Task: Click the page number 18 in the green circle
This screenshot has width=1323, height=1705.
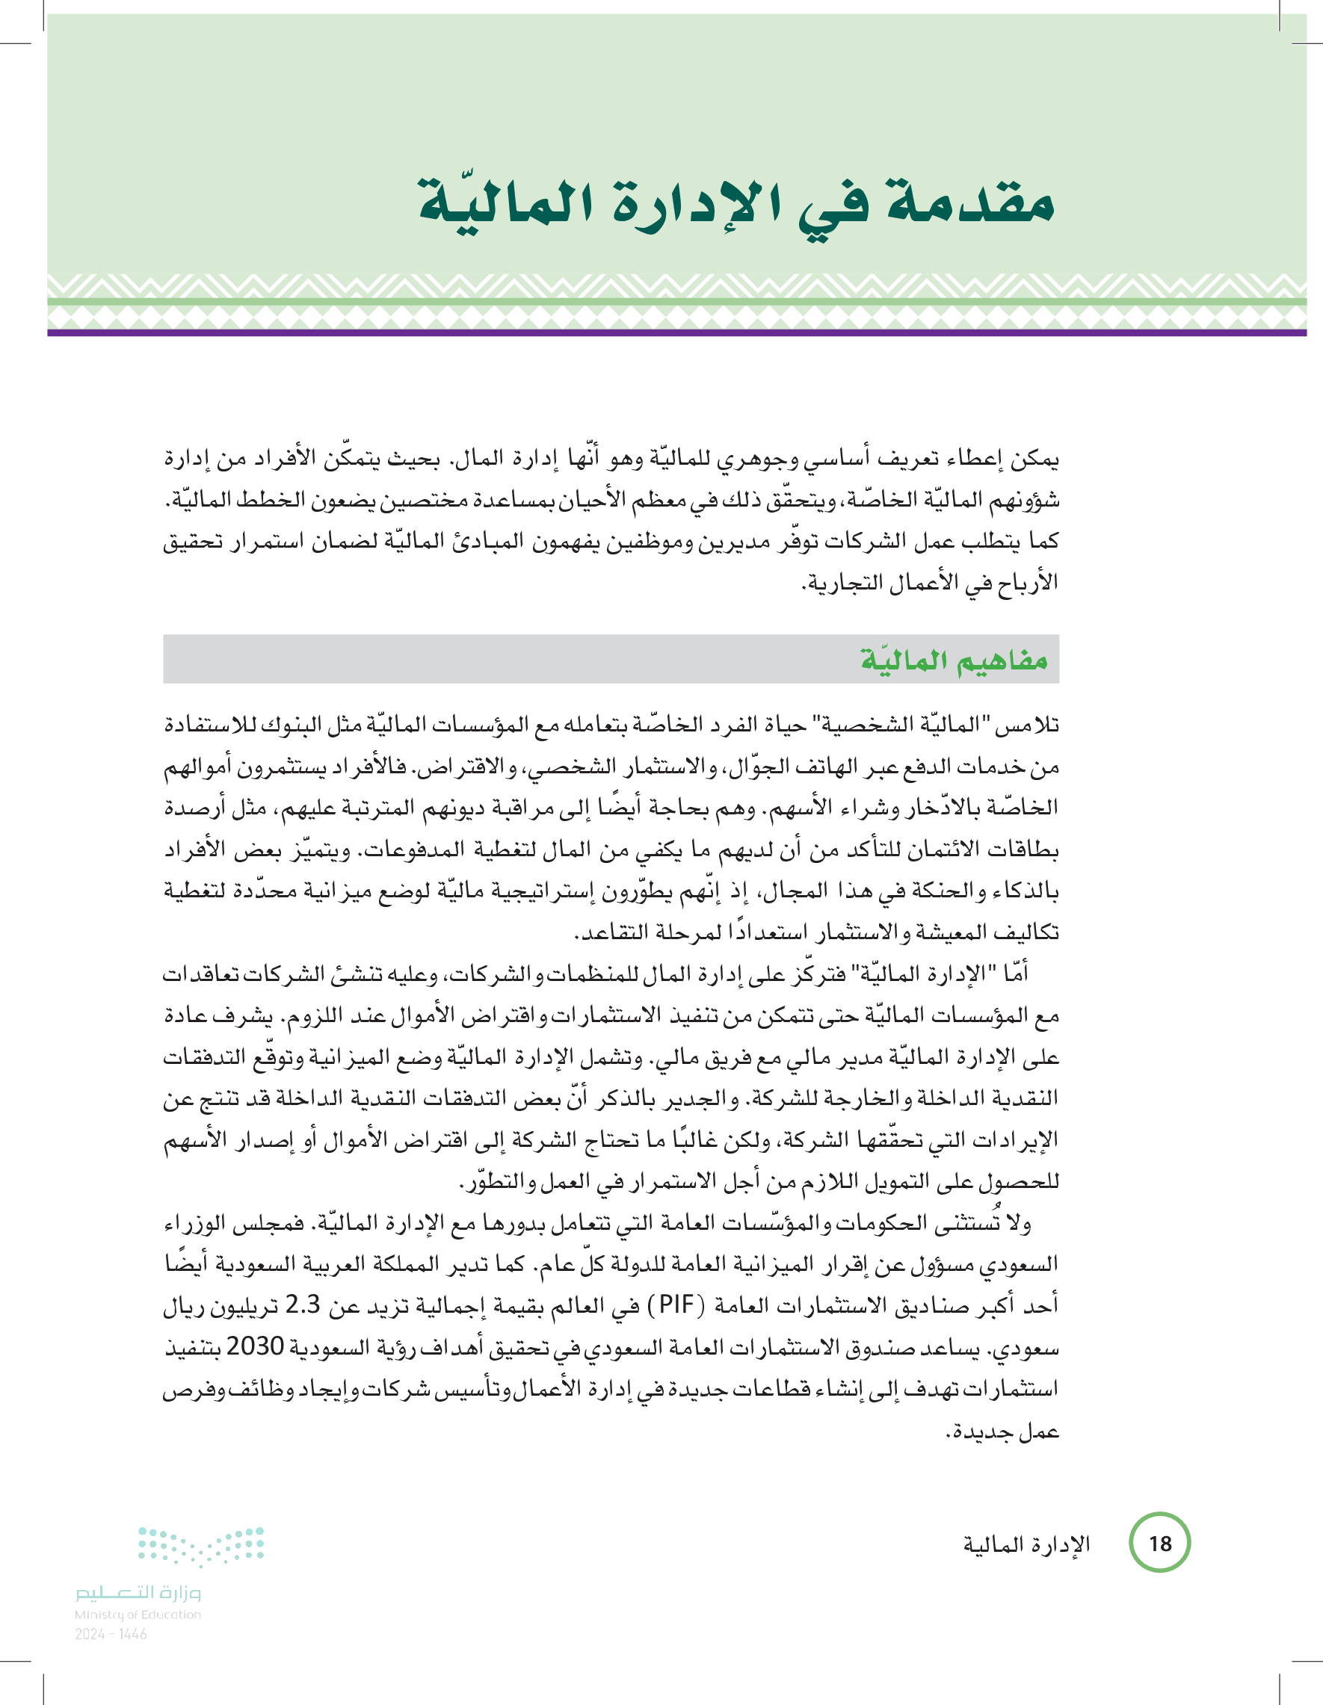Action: point(1160,1544)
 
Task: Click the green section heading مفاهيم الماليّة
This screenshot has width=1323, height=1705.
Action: point(954,660)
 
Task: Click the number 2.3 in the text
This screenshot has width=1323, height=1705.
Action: point(301,1305)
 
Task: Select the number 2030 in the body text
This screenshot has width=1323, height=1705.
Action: point(255,1346)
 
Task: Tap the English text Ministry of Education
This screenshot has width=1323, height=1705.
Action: point(138,1615)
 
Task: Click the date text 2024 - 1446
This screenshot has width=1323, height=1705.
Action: point(111,1634)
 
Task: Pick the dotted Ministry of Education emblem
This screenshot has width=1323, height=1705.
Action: point(201,1547)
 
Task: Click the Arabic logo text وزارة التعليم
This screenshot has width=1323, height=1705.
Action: point(138,1593)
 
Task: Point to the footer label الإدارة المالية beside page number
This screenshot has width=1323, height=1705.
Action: point(1026,1544)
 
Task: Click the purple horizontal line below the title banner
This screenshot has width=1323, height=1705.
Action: point(676,332)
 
